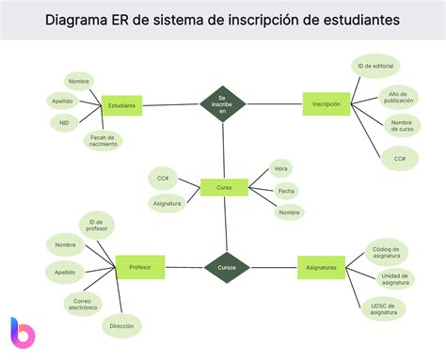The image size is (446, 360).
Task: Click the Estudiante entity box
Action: tap(121, 105)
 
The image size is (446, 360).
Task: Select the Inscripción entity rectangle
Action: tap(326, 104)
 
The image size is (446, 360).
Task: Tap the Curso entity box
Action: tap(224, 187)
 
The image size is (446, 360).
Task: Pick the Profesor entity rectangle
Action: tap(140, 267)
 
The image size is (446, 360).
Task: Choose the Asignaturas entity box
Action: tap(321, 267)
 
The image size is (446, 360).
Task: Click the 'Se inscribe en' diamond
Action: tap(223, 104)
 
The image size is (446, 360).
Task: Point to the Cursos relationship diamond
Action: tap(227, 267)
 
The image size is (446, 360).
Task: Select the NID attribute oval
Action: tap(64, 123)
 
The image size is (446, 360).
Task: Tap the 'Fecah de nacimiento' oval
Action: tap(104, 141)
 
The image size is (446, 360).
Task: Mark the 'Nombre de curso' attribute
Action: tap(402, 126)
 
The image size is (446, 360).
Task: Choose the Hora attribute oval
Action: tap(280, 169)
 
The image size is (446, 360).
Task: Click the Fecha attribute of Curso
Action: tap(286, 191)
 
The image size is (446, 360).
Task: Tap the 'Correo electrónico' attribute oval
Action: tap(83, 303)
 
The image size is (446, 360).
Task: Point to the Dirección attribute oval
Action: tap(121, 325)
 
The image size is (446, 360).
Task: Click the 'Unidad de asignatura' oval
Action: tap(396, 278)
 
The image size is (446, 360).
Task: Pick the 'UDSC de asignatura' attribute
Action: tap(383, 308)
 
